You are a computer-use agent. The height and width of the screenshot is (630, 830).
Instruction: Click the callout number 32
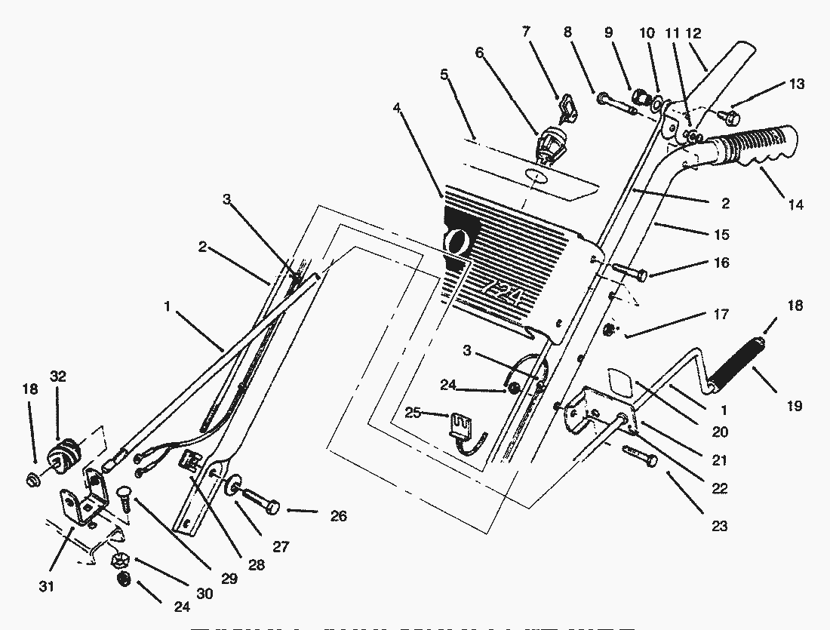[59, 375]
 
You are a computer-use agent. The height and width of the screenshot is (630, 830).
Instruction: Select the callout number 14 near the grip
[795, 204]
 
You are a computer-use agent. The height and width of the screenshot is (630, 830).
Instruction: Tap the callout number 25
[413, 413]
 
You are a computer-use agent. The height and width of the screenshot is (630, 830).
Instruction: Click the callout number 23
[719, 526]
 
